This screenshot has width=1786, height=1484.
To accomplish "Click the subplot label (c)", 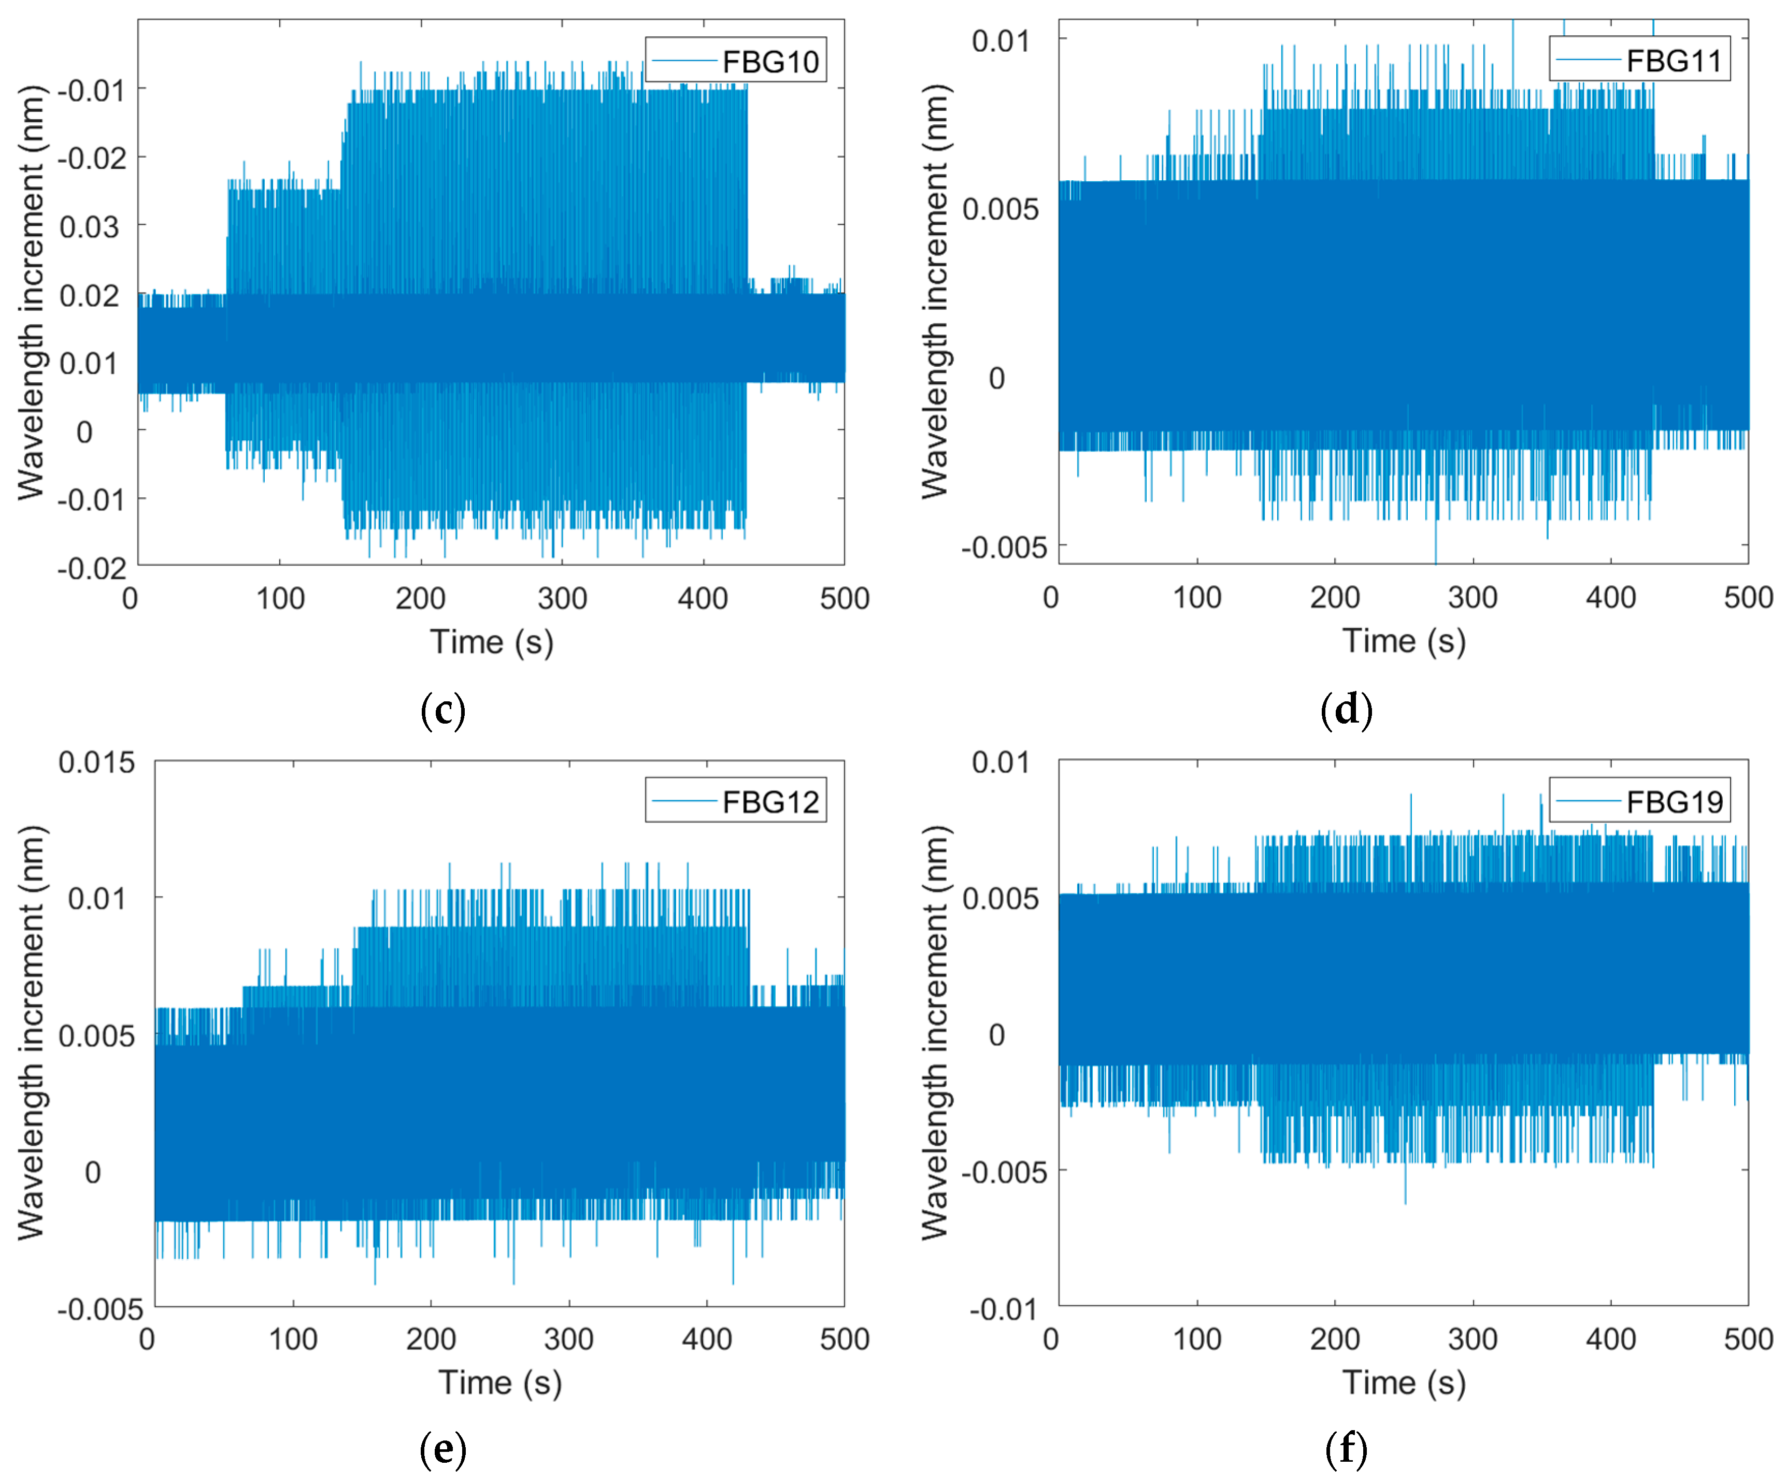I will coord(443,709).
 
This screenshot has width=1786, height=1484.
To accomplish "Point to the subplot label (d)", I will coord(1346,709).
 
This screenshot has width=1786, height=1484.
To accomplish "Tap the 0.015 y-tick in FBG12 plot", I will coord(96,762).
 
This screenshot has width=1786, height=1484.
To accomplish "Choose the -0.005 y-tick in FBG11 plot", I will coord(1004,548).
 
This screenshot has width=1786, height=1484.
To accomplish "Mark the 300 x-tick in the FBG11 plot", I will coord(1472,598).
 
